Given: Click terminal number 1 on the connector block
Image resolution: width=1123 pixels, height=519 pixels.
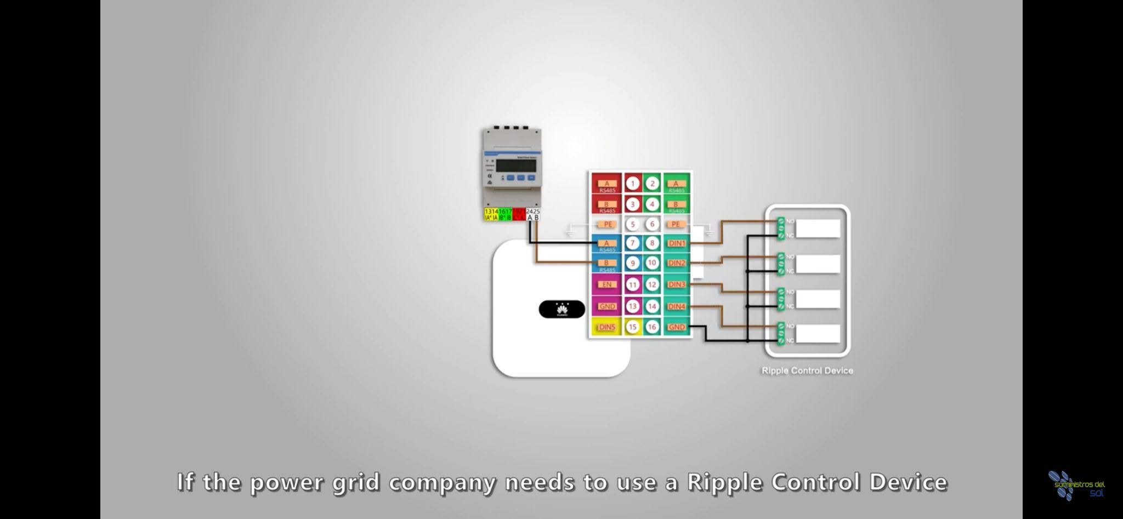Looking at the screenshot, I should click(633, 184).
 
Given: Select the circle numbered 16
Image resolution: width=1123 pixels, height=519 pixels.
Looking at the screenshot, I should click(652, 327).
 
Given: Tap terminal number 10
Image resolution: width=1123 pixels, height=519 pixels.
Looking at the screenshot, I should click(652, 263).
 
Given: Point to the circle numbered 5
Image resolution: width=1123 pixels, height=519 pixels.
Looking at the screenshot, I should click(633, 224).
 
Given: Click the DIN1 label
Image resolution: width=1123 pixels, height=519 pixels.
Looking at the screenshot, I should click(677, 243).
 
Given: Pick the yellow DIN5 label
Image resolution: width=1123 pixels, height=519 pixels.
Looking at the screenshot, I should click(607, 327).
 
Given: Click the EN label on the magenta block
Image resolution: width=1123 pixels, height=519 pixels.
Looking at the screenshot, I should click(607, 284).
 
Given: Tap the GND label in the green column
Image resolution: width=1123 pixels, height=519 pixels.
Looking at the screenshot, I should click(677, 327).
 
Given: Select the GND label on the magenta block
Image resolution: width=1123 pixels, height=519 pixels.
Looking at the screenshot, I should click(607, 306).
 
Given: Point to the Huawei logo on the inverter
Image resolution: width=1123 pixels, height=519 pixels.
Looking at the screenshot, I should click(562, 309).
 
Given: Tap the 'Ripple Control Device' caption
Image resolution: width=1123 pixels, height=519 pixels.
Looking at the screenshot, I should click(807, 371).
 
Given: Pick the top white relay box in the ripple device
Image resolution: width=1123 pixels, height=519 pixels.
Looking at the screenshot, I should click(818, 229).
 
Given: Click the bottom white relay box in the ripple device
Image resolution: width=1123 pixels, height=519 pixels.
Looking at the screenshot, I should click(818, 334).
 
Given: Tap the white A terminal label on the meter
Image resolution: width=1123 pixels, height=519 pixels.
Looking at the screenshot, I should click(530, 218).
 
